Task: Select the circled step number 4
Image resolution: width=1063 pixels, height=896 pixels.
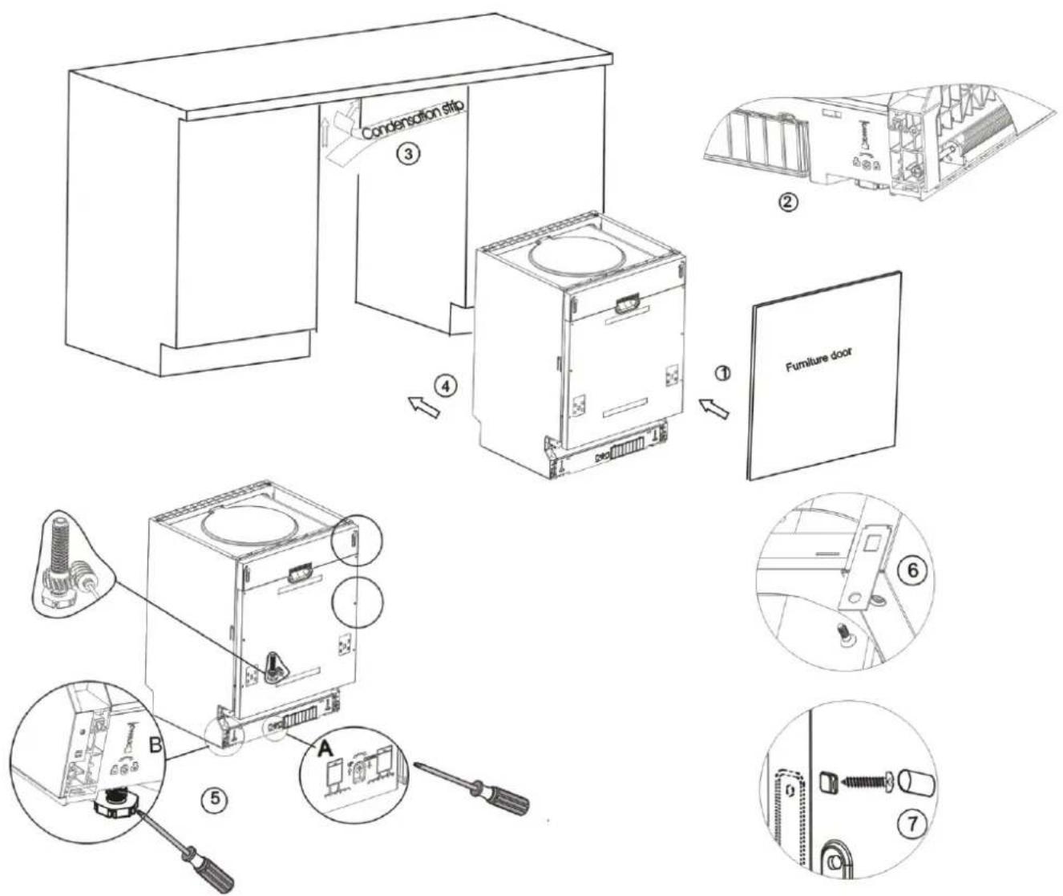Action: tap(446, 385)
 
